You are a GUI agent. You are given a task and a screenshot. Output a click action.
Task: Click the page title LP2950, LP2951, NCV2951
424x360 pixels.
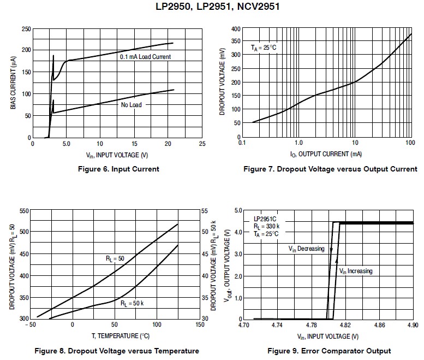pos(212,7)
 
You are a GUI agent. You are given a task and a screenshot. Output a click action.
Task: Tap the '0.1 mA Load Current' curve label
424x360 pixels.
pos(145,57)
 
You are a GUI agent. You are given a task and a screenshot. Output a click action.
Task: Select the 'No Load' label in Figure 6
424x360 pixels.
pos(131,104)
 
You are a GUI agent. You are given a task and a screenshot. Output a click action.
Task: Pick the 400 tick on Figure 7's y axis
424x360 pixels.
pos(235,28)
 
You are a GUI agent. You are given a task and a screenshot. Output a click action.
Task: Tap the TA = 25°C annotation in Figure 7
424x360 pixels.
pos(264,48)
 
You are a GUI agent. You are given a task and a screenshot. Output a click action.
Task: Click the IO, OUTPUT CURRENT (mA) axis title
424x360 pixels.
pos(326,154)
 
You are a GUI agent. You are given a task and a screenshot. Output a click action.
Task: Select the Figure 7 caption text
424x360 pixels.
pos(330,169)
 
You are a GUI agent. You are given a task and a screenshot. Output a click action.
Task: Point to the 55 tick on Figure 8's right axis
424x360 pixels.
pos(205,210)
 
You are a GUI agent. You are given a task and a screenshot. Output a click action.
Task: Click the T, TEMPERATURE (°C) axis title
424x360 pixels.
pos(114,336)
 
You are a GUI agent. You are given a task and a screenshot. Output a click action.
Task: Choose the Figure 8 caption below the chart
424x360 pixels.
pos(116,351)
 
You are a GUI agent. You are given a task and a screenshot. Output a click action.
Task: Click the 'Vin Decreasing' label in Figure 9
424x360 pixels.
pos(306,249)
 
